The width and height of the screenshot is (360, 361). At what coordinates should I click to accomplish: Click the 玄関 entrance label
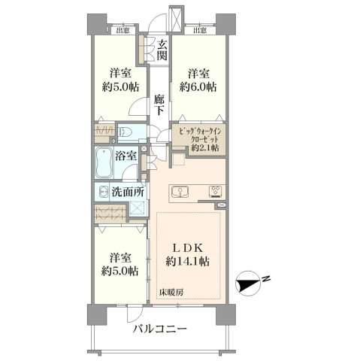coord(162,50)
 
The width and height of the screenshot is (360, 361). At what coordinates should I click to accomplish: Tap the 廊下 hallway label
coord(159,105)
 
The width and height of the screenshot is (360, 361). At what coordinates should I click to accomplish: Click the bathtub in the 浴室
coord(104,162)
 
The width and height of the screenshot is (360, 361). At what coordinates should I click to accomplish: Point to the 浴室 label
coord(126,156)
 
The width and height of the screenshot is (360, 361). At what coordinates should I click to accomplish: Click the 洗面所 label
coord(127,192)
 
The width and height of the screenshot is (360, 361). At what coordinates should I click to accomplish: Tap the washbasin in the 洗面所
coord(102,193)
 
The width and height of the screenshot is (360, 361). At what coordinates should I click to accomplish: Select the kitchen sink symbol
coord(180,193)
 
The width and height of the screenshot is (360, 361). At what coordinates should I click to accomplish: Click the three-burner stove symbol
coord(215,191)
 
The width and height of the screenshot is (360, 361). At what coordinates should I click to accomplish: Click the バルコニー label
coord(160,329)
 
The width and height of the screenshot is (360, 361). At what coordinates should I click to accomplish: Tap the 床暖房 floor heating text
coord(171,292)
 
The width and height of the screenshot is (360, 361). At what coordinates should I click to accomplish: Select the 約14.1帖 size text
coord(187,262)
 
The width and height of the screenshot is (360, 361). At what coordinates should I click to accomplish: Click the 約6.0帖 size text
coord(198,87)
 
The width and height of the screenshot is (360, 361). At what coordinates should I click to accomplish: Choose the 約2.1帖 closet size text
coord(205,147)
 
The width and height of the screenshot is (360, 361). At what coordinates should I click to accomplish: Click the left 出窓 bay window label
coord(123,31)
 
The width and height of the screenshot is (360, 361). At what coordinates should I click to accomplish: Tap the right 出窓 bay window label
coord(200,31)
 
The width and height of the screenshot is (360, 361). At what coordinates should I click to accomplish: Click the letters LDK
coord(188,248)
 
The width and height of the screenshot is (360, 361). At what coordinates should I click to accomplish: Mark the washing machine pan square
coord(138,208)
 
